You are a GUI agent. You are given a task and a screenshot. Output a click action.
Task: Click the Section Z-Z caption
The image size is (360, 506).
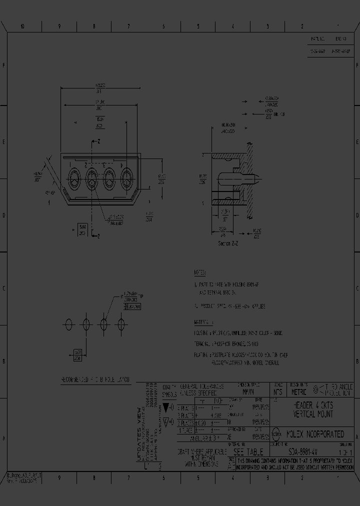pos(229,243)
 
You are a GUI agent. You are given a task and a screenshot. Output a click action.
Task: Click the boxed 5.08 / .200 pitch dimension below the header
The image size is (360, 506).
pos(81,229)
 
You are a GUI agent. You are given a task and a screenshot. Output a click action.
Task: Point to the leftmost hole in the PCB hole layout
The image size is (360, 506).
pos(69,324)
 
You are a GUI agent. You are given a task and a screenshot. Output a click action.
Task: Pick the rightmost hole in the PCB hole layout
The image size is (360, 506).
pos(120,324)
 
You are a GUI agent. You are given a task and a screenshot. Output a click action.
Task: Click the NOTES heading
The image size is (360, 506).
pos(199,273)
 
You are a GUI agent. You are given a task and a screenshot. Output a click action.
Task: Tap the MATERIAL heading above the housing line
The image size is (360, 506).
pos(203,322)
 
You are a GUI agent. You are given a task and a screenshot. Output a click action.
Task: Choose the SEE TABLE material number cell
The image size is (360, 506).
pos(247,451)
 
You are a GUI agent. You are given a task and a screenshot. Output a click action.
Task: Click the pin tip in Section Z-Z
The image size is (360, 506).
pos(256,177)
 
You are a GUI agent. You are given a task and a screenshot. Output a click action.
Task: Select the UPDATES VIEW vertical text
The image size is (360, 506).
pos(139,435)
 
